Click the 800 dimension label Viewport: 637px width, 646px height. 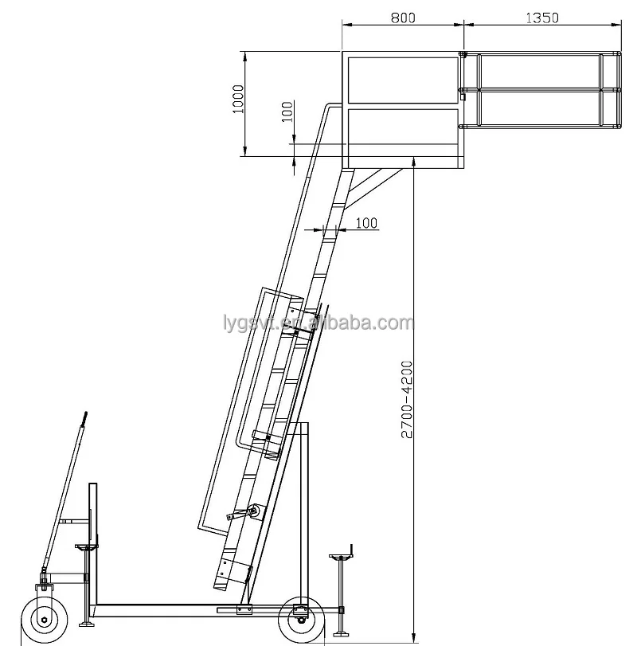point(402,16)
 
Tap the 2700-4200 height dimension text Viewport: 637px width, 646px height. point(406,399)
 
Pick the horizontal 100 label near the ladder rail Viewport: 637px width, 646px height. point(365,223)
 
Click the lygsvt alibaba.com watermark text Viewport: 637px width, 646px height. point(318,323)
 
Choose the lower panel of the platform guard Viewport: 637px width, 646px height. point(402,135)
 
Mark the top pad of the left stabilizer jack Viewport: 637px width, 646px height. point(84,546)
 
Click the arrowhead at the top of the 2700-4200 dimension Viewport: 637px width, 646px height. point(414,162)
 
